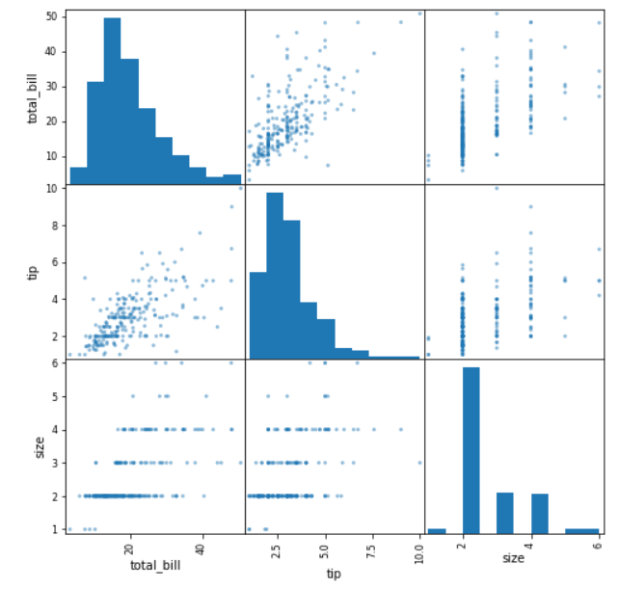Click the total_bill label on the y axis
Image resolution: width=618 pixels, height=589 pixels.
(34, 96)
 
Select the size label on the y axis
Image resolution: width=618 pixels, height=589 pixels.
(39, 447)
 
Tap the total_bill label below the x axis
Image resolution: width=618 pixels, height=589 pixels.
(155, 565)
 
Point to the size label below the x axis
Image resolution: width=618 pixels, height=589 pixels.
(513, 557)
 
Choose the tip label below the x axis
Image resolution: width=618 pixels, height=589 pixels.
(334, 575)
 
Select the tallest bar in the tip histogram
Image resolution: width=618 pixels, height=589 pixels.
(274, 275)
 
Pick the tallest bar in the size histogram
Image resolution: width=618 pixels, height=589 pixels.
(470, 449)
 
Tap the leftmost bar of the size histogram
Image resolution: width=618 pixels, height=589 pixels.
(436, 530)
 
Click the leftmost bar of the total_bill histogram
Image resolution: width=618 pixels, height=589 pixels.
(78, 175)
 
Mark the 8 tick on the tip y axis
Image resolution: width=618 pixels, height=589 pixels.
(58, 226)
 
